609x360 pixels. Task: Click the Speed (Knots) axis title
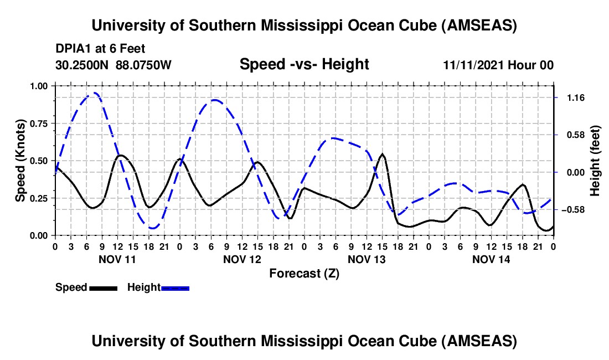pyautogui.click(x=20, y=160)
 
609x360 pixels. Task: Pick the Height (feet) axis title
pyautogui.click(x=595, y=160)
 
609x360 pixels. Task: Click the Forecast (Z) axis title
pyautogui.click(x=304, y=273)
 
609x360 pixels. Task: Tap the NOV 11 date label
pyautogui.click(x=116, y=259)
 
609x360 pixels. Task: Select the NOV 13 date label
pyautogui.click(x=366, y=259)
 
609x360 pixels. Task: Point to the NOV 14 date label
pyautogui.click(x=491, y=259)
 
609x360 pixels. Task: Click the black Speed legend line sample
pyautogui.click(x=103, y=287)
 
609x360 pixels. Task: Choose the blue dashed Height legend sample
pyautogui.click(x=176, y=287)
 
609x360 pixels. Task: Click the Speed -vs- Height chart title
pyautogui.click(x=304, y=64)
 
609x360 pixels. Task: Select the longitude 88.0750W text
pyautogui.click(x=144, y=65)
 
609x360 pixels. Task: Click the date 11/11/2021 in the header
pyautogui.click(x=471, y=65)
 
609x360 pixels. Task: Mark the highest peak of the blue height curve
pyautogui.click(x=95, y=93)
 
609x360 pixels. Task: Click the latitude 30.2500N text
pyautogui.click(x=83, y=65)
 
